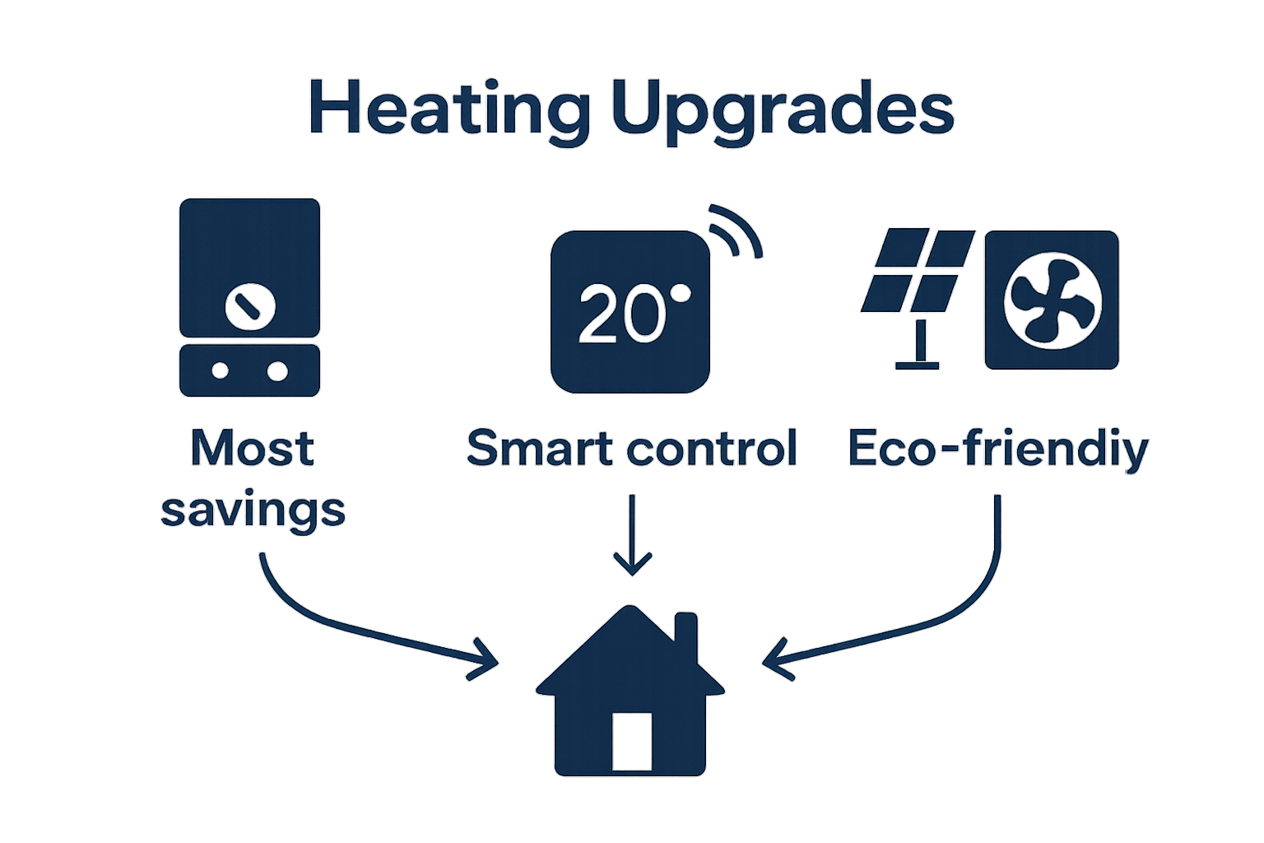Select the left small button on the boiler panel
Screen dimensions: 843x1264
(x=220, y=370)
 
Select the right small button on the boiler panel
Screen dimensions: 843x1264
(x=278, y=371)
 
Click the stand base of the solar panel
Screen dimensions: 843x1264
(x=917, y=364)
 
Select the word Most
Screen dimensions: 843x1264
(x=252, y=449)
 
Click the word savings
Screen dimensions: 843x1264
(x=253, y=510)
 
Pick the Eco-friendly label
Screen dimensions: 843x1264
(x=997, y=449)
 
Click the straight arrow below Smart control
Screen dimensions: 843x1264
(x=632, y=535)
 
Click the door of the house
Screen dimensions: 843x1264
(x=632, y=741)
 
